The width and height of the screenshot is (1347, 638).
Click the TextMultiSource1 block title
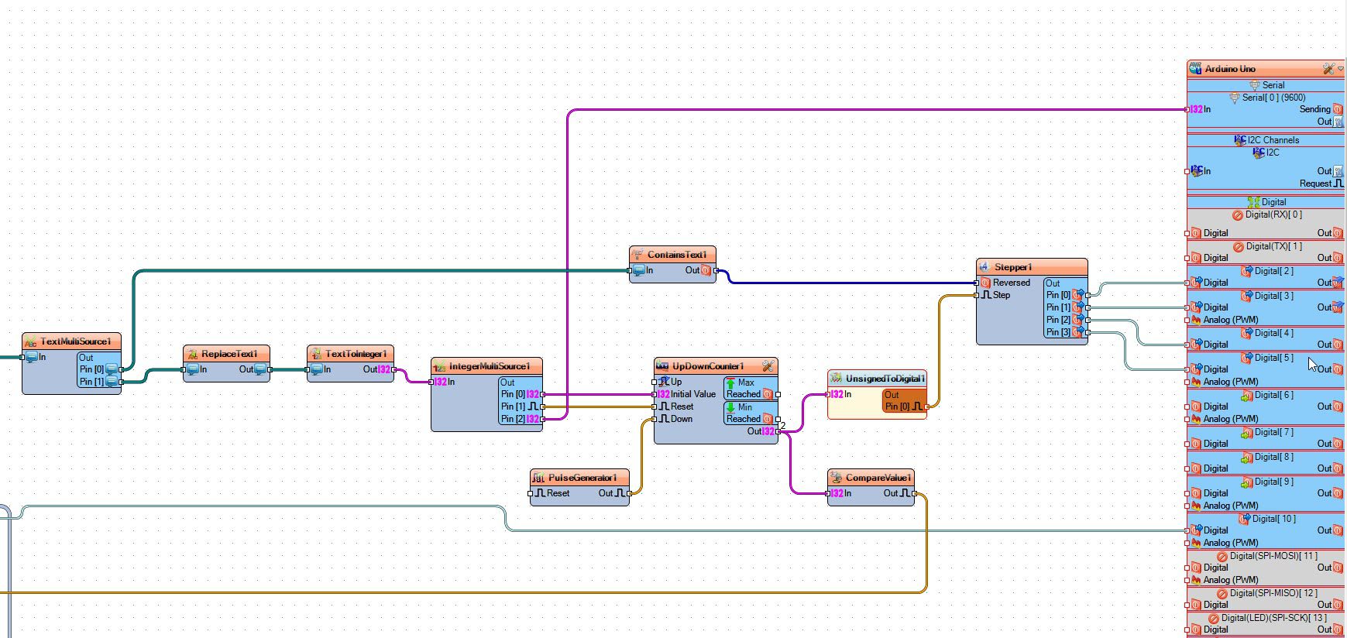(x=76, y=341)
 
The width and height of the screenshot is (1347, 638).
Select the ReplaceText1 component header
(x=229, y=354)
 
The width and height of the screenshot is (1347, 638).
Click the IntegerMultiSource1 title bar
(x=490, y=366)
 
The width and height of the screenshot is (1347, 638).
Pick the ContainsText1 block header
(x=677, y=255)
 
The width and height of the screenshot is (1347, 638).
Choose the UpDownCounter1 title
(x=708, y=366)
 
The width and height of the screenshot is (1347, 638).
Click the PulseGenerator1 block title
(x=582, y=478)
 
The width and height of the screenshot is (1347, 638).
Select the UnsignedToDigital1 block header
(x=885, y=379)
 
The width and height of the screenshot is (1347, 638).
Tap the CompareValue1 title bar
(x=878, y=478)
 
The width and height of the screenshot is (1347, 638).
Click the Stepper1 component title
(x=1013, y=267)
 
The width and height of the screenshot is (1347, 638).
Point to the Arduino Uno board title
(x=1230, y=69)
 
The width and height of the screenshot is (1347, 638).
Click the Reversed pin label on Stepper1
(x=1012, y=283)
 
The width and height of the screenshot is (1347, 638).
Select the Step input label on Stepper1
(x=1002, y=295)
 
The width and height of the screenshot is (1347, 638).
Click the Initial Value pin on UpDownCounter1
(x=693, y=394)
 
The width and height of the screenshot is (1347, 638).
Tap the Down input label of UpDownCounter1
(x=682, y=419)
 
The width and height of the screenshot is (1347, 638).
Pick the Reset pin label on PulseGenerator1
(x=558, y=493)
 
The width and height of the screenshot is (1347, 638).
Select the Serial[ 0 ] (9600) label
(x=1273, y=98)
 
